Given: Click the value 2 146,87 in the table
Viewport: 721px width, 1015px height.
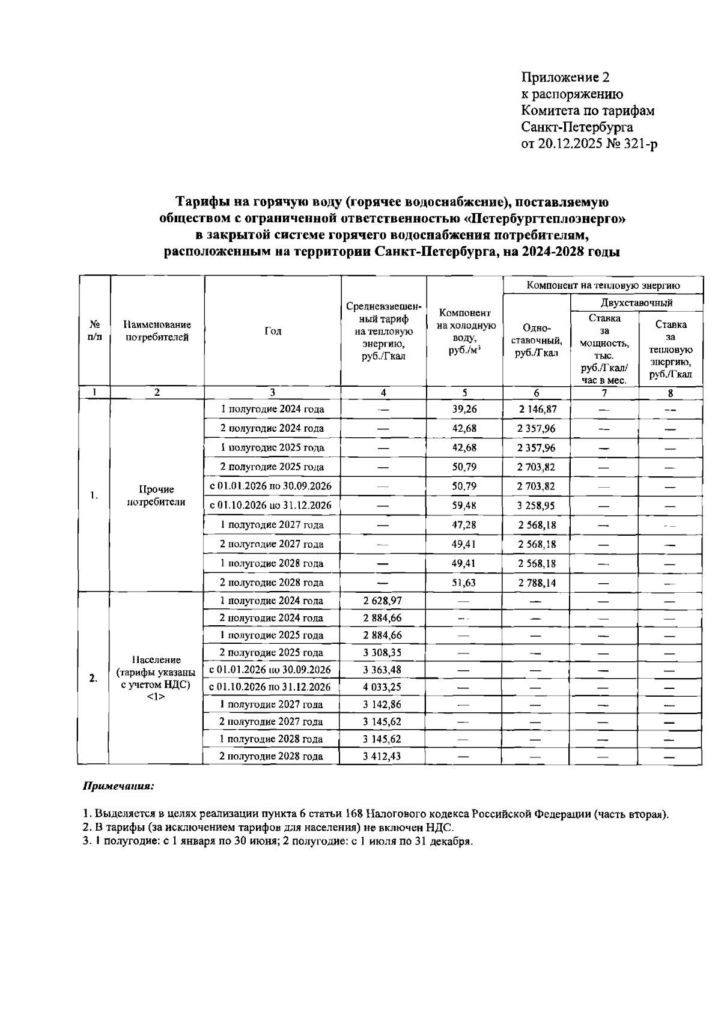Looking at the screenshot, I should coord(537,409).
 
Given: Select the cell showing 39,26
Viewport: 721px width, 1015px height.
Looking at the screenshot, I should coord(464,409).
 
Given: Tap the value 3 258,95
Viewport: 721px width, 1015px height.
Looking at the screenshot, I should coord(537,506).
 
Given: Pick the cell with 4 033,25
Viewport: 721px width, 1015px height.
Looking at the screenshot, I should coord(382,687).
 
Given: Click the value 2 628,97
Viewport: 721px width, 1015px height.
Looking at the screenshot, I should coord(382,601).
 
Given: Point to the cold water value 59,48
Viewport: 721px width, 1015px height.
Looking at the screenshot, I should coord(464,506).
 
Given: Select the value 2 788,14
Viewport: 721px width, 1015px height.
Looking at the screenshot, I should coord(537,583).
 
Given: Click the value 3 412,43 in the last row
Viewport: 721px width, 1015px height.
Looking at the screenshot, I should coord(382,756).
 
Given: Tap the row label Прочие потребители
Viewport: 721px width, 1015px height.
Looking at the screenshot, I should coord(156,495).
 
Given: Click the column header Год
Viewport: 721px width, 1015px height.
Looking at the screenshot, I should coord(273,331).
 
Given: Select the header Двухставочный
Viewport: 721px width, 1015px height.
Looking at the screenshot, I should coord(636,302).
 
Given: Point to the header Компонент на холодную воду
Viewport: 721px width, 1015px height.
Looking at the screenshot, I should coord(465,332).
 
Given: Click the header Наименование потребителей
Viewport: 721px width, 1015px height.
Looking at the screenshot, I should coord(157,331).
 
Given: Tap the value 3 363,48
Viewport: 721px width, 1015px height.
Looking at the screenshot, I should coord(382,670).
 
